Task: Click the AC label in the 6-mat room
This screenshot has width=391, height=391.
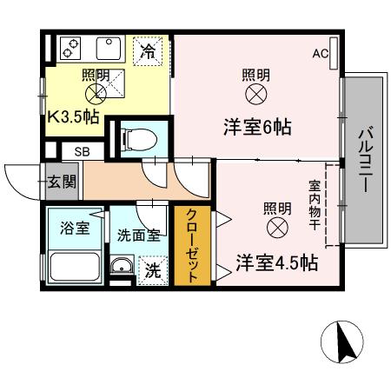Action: coord(321,54)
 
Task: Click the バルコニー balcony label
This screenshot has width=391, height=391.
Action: coord(365,161)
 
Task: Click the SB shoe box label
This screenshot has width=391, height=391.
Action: coord(80,152)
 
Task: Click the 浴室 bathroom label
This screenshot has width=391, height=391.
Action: coord(74,229)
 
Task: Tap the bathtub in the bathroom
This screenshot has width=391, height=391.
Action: coord(74,267)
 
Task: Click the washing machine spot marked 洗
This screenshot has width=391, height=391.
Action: coord(152,270)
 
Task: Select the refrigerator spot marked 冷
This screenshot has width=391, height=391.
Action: coord(149,50)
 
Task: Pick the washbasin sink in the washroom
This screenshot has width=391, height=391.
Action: coord(122,268)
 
